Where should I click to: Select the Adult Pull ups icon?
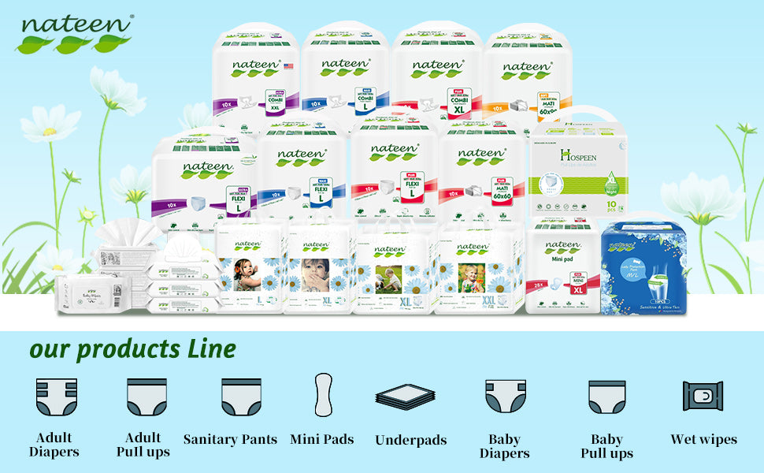[146, 397]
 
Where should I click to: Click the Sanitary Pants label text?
[230, 440]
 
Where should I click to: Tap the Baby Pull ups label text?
[606, 445]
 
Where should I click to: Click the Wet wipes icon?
[703, 397]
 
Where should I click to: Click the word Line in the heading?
[211, 348]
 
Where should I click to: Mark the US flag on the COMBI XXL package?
[288, 66]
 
